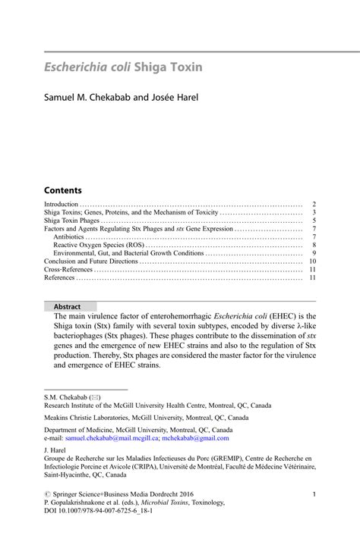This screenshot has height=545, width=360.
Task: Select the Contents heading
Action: [x=63, y=189]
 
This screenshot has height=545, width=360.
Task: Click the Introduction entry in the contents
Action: [x=62, y=205]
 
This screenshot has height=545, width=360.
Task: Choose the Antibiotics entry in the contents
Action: [x=68, y=237]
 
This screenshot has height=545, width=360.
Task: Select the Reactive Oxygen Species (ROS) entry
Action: [x=98, y=245]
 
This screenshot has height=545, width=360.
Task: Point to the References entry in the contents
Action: [x=59, y=277]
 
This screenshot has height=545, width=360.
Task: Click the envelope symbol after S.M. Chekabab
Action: [x=94, y=397]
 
